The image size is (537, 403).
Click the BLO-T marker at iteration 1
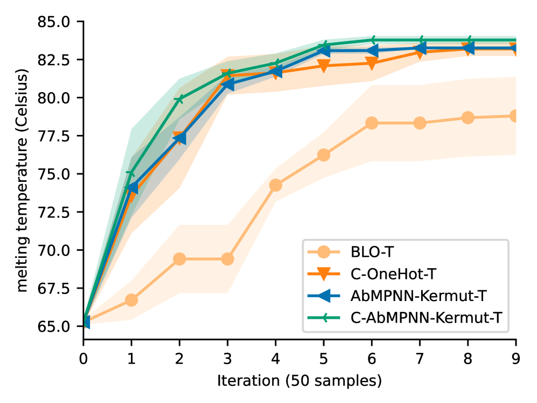131,300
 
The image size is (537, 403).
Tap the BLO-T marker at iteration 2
179,259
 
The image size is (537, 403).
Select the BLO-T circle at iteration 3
227,259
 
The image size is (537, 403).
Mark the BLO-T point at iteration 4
275,185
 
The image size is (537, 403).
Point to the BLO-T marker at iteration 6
372,123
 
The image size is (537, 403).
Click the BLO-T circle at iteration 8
468,118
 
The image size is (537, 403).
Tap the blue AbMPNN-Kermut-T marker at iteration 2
179,138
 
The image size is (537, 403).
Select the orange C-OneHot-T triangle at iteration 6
372,63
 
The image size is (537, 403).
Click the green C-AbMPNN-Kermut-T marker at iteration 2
179,99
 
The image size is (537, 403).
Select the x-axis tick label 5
324,358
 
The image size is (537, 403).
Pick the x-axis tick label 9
516,358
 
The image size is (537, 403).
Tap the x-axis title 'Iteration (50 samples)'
299,381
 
